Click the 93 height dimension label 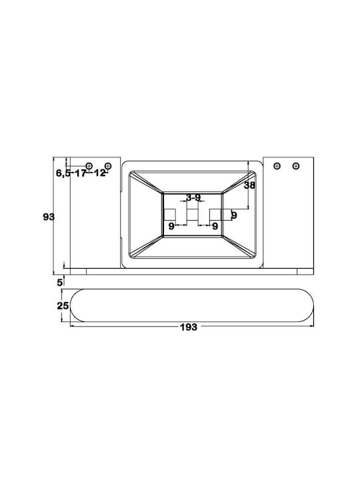pyautogui.click(x=49, y=217)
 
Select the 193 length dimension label pyautogui.click(x=189, y=327)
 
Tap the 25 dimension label pyautogui.click(x=63, y=305)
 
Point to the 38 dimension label pyautogui.click(x=249, y=185)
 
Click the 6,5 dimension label pyautogui.click(x=63, y=173)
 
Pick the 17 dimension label pyautogui.click(x=81, y=173)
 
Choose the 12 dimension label pyautogui.click(x=99, y=173)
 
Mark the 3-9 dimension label pyautogui.click(x=193, y=197)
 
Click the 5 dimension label pyautogui.click(x=60, y=282)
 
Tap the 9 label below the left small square pyautogui.click(x=171, y=227)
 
